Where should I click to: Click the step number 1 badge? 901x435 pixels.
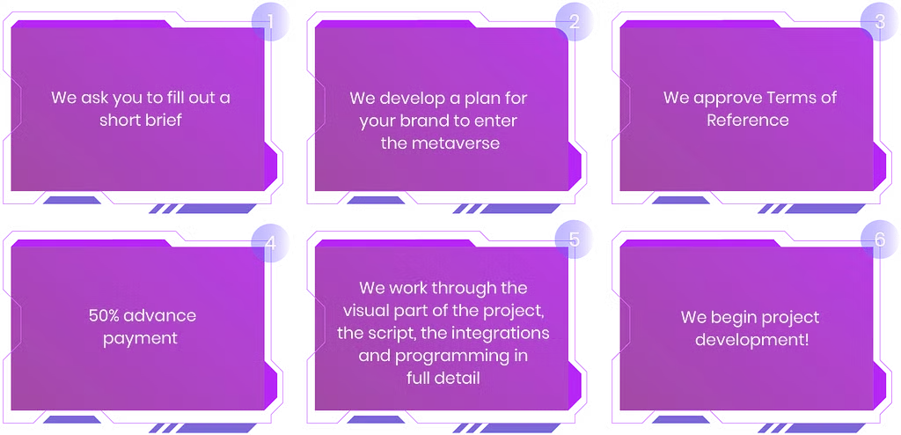(x=270, y=22)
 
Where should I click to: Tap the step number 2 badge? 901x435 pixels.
(x=574, y=22)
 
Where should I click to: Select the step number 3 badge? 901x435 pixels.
(x=879, y=22)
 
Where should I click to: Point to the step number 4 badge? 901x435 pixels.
(x=270, y=243)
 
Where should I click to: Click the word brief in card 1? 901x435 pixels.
(x=161, y=121)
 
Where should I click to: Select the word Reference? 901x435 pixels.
(x=748, y=121)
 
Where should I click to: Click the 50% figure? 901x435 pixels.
(x=103, y=316)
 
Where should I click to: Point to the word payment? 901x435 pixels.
(x=140, y=338)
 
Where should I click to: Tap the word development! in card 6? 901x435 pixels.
(x=751, y=340)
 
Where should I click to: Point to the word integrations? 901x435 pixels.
(x=499, y=335)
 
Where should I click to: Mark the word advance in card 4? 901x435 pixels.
(x=158, y=316)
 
